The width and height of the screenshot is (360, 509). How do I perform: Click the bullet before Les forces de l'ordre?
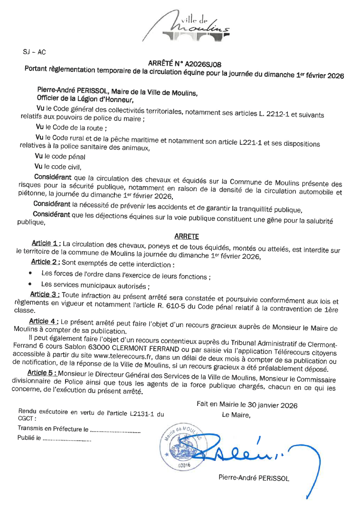31,273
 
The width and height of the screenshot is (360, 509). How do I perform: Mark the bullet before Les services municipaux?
31,284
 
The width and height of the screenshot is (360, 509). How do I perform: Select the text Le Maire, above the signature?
236,415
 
